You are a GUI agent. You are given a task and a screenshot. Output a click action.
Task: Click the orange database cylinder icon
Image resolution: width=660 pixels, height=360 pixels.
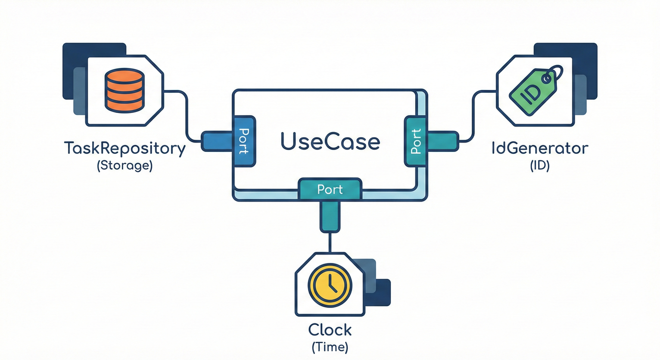click(x=124, y=90)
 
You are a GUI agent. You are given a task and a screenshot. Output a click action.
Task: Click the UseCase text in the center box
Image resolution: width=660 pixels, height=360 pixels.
click(x=330, y=142)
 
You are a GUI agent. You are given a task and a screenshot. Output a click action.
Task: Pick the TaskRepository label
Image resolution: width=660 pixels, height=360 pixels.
click(x=124, y=149)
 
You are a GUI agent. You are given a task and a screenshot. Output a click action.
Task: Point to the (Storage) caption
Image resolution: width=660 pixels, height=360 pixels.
click(x=124, y=166)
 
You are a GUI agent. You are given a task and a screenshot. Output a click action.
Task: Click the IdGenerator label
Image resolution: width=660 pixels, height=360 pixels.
click(x=539, y=149)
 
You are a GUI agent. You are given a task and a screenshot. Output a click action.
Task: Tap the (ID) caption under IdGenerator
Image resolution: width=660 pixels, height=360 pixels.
click(x=539, y=166)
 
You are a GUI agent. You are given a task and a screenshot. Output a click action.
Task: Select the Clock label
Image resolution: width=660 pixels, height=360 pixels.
click(x=330, y=330)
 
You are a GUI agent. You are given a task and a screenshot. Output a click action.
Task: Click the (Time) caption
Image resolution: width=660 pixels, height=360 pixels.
click(x=330, y=347)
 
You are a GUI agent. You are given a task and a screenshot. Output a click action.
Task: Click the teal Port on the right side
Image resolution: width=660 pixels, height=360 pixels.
click(x=415, y=141)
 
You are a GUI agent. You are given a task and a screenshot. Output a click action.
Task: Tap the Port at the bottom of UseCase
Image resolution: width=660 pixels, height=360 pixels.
click(x=330, y=189)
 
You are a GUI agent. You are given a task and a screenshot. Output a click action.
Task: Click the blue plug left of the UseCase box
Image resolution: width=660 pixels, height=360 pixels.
click(x=217, y=141)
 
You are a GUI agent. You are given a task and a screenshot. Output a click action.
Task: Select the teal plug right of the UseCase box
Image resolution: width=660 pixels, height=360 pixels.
click(x=443, y=141)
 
